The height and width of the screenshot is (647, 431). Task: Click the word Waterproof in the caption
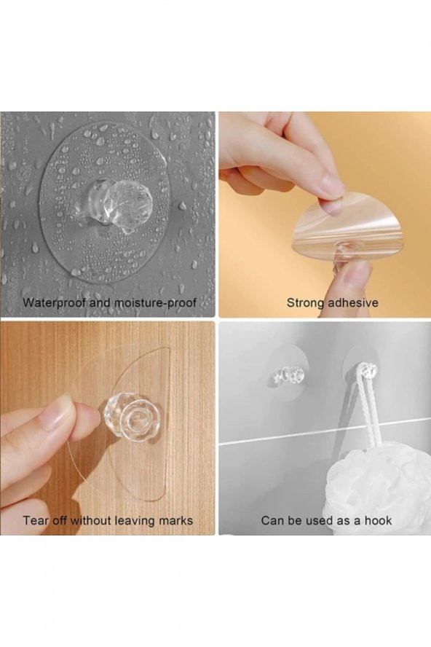click(54, 302)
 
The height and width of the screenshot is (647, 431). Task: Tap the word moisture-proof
click(155, 303)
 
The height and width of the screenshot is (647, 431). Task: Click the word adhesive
click(352, 302)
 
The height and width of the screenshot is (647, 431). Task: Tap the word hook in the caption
click(378, 520)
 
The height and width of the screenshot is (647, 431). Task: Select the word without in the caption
click(91, 520)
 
